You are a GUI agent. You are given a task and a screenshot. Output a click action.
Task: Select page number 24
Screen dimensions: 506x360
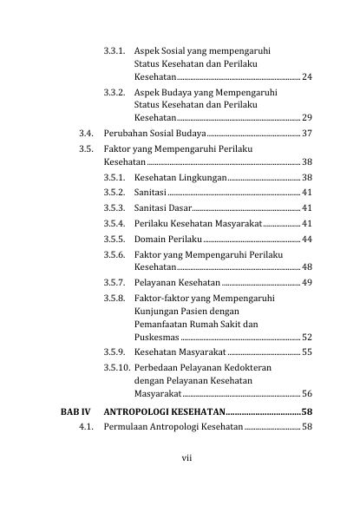click(307, 78)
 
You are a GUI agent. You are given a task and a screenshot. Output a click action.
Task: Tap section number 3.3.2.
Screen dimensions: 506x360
click(115, 90)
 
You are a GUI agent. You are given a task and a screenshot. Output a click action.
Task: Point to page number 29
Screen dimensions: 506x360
click(307, 117)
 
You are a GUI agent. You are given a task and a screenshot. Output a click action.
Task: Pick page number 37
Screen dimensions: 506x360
click(307, 134)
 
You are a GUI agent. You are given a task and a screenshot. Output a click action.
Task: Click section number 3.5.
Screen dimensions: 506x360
click(85, 149)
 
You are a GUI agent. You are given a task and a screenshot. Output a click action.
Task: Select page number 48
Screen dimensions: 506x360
click(307, 267)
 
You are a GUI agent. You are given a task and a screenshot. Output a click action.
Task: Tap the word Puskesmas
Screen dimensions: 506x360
click(157, 337)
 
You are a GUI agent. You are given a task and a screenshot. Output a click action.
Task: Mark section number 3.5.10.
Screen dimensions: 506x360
click(117, 368)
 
